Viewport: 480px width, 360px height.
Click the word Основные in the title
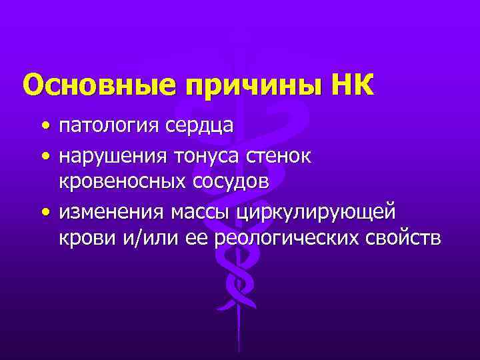coord(100,85)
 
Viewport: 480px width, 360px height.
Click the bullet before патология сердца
coord(43,126)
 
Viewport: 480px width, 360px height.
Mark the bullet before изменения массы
coord(43,211)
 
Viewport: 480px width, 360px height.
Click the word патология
coord(108,126)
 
